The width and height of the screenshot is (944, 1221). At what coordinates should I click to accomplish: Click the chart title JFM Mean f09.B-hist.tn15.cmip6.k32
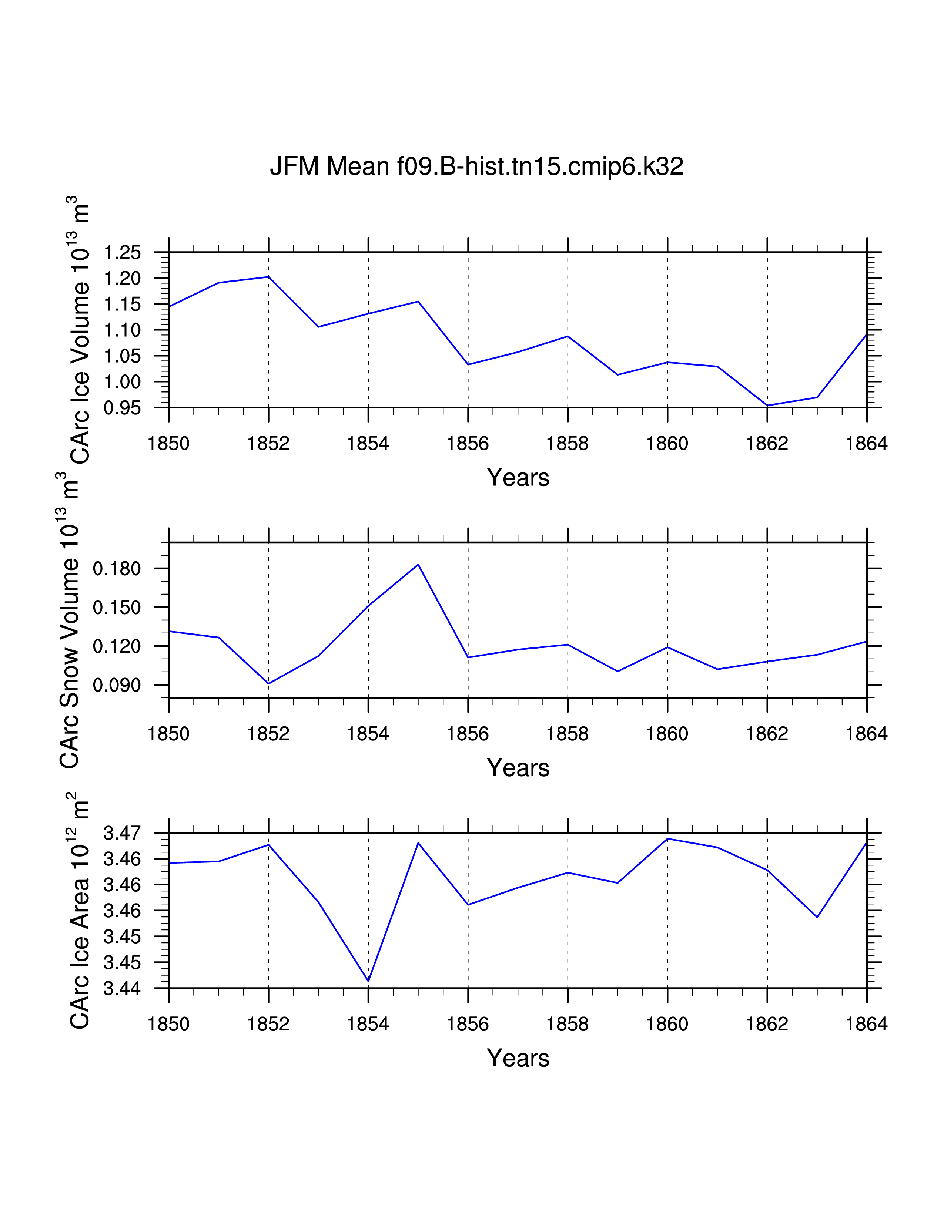pos(476,166)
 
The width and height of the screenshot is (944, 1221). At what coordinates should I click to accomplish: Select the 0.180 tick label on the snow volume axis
pos(117,569)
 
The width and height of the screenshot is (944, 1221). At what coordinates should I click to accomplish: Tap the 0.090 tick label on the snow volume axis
pos(117,685)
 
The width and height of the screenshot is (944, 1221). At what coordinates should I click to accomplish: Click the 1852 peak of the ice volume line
pos(268,277)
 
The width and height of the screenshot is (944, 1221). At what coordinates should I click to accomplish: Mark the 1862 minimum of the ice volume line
pos(767,405)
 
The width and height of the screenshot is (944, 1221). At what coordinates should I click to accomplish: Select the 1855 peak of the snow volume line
pos(418,565)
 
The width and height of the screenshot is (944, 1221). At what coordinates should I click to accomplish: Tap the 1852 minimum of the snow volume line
pos(268,683)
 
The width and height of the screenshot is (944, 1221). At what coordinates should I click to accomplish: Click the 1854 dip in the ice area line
pos(368,980)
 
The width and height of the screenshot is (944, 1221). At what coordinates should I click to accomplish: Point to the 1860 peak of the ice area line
pos(668,838)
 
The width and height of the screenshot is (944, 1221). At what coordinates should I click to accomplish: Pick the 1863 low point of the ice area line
pos(817,917)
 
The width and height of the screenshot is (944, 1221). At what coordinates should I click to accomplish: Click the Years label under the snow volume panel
pos(518,768)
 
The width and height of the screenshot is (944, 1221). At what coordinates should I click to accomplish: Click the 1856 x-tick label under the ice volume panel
pos(468,443)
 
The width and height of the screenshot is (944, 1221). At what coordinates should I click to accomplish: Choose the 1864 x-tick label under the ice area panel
pos(866,1024)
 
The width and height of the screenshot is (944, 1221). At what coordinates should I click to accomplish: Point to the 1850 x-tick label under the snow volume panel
pos(168,733)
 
